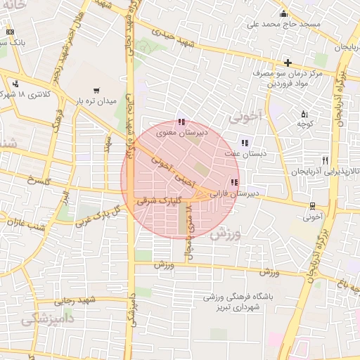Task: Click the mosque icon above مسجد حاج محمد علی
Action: [x=283, y=13]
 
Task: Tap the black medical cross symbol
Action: [x=288, y=63]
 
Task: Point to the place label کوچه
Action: [x=304, y=123]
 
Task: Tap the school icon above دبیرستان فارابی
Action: [x=224, y=183]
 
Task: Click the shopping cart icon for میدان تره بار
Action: [x=96, y=90]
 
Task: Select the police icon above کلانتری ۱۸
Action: [x=15, y=83]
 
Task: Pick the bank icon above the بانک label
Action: [x=10, y=32]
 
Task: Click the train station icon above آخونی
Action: [x=312, y=205]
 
